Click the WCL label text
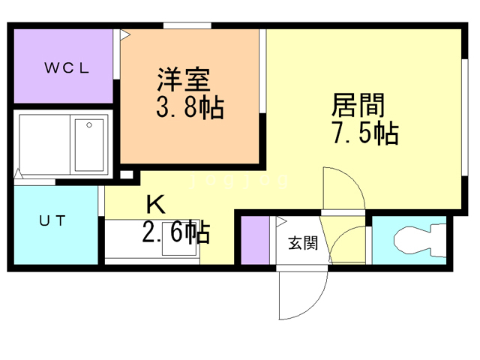click(x=66, y=68)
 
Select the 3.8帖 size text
click(x=190, y=109)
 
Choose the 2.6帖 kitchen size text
click(x=175, y=232)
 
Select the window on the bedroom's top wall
click(x=187, y=26)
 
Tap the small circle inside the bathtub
click(x=89, y=125)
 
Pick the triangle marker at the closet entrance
click(x=125, y=34)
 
